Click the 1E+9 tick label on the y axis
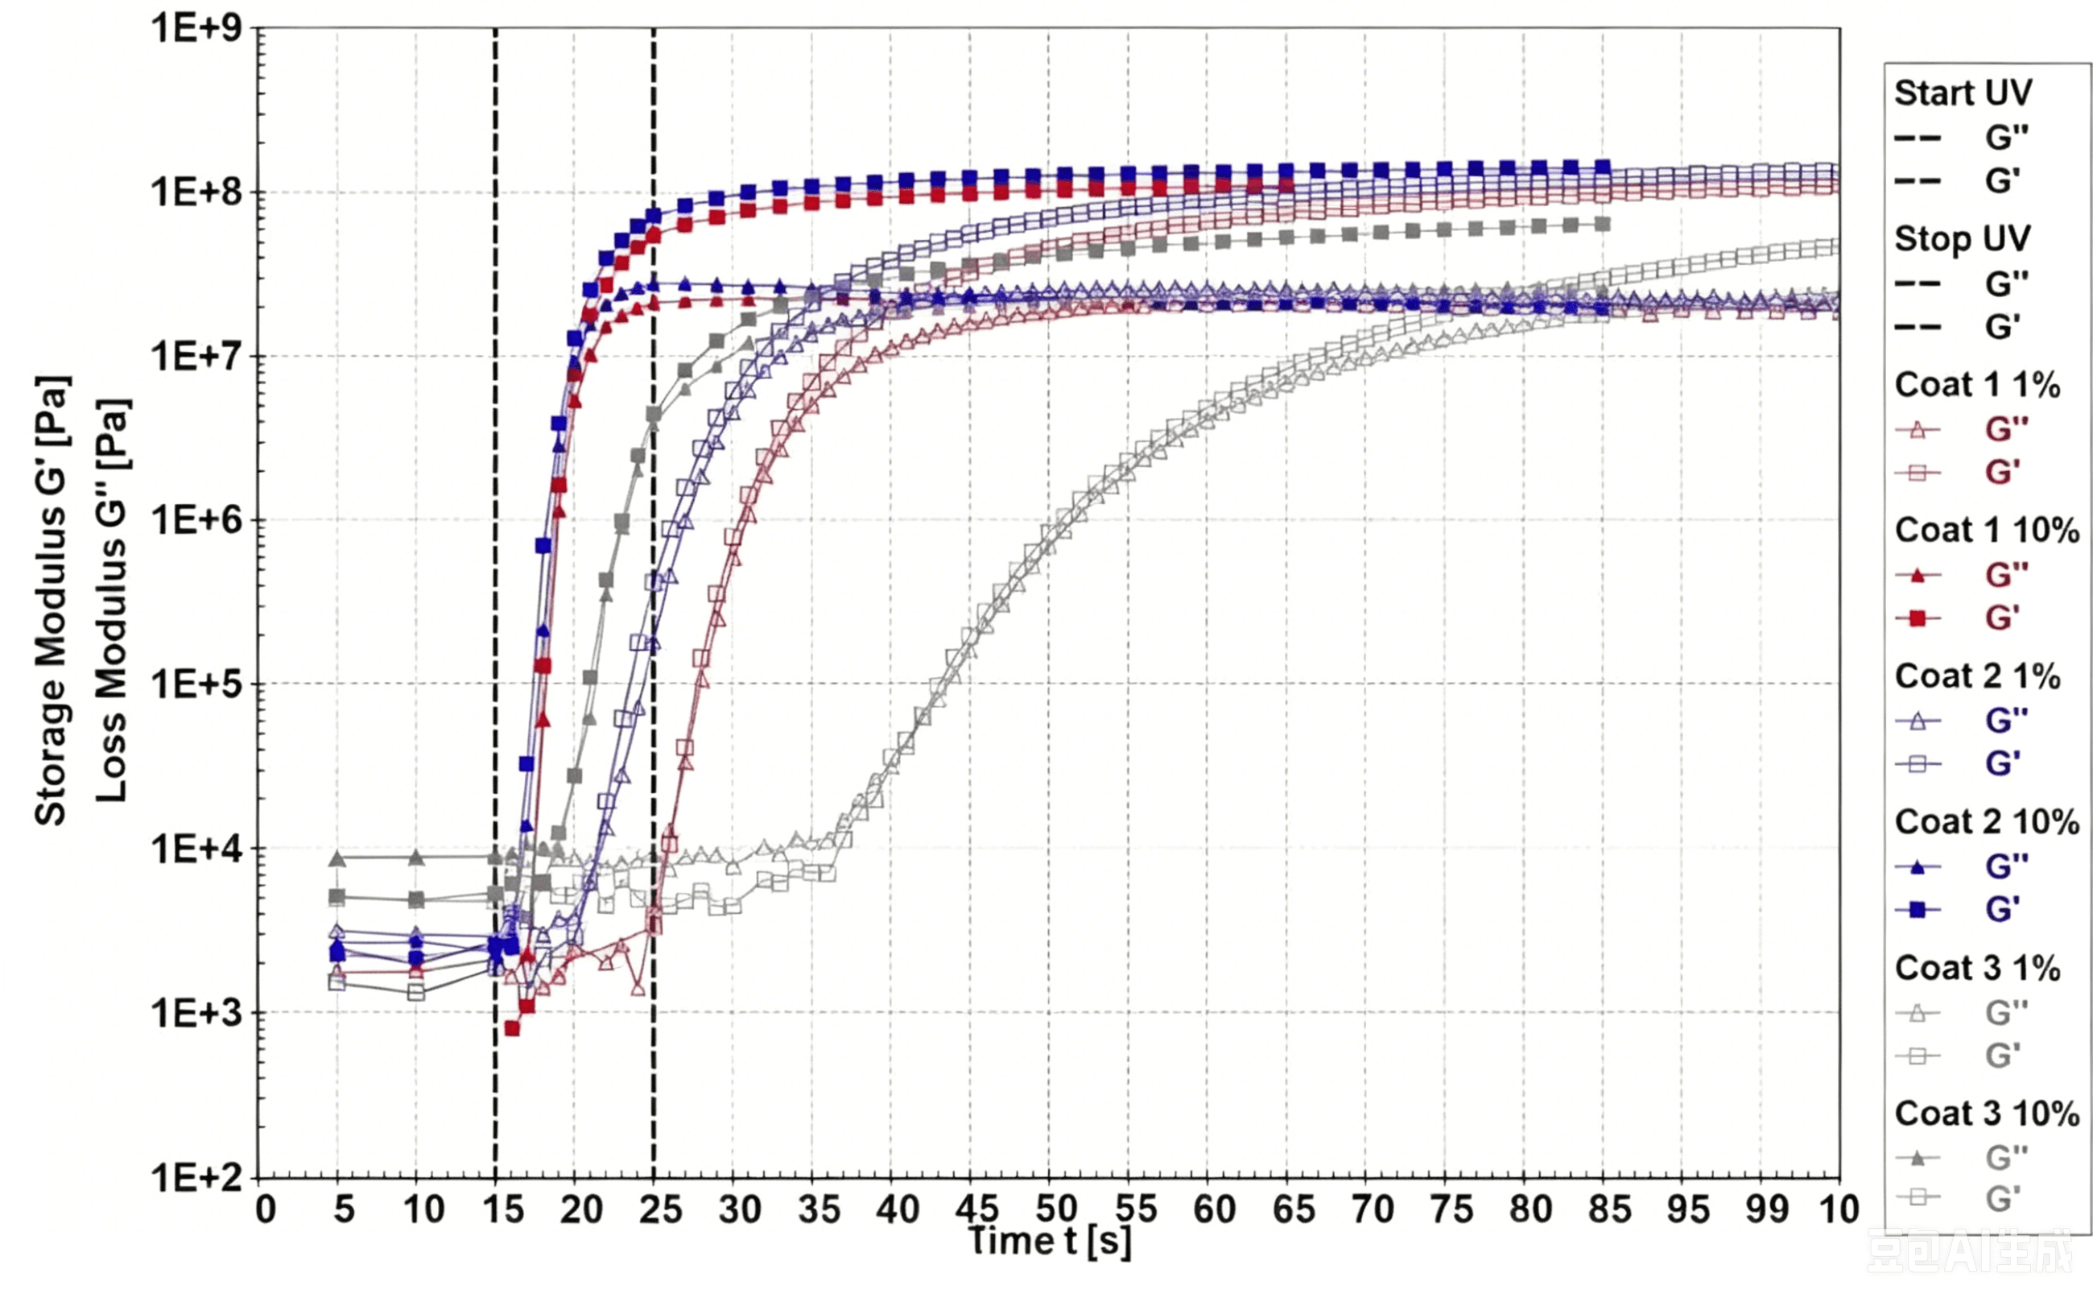(196, 27)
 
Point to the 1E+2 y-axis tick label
(196, 1178)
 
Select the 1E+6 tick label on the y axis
(196, 519)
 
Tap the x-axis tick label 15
(502, 1209)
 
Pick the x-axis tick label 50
(1056, 1209)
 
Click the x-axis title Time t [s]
(1049, 1242)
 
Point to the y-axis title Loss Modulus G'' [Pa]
(112, 600)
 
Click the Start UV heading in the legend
(1963, 93)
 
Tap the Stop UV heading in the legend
(1963, 238)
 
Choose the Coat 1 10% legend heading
(1987, 531)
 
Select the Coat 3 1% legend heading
(1977, 969)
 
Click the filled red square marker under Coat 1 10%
(1917, 618)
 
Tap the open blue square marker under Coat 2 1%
(1917, 764)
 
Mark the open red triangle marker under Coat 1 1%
(1917, 429)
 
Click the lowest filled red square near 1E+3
(512, 1028)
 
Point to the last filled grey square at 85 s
(1601, 224)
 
